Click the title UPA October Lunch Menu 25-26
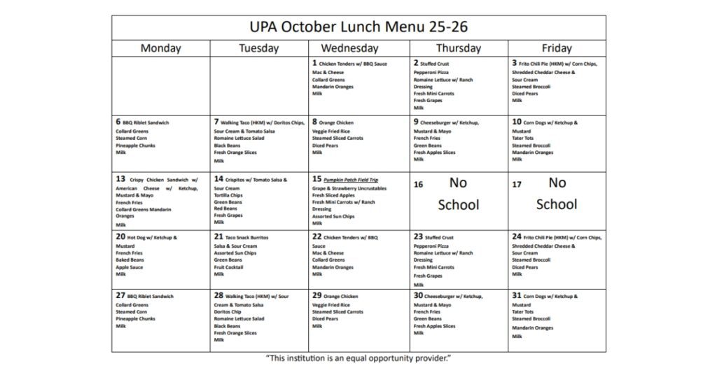[x=358, y=27]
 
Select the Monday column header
[x=160, y=48]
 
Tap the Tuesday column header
[x=258, y=48]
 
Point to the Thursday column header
[x=458, y=48]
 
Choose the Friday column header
[x=557, y=48]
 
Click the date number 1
[x=314, y=63]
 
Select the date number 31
[x=517, y=296]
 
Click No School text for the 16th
[x=458, y=193]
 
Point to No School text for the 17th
[x=557, y=193]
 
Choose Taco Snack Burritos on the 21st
[x=246, y=238]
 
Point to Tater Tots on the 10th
[x=523, y=138]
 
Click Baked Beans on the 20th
[x=130, y=260]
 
